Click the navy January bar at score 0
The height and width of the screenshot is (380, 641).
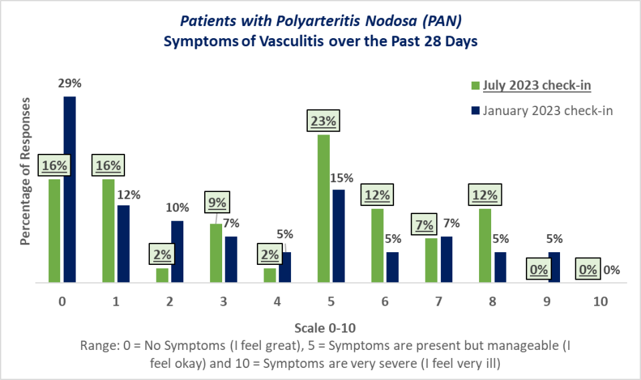point(70,190)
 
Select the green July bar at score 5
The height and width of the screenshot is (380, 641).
point(323,209)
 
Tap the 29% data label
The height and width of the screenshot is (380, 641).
point(70,84)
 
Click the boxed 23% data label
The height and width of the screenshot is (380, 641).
point(324,122)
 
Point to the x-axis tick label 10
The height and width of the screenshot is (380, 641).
point(600,301)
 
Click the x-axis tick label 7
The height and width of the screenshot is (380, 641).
point(438,301)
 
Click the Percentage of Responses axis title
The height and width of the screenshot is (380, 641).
point(25,171)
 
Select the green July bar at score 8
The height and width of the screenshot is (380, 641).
point(485,246)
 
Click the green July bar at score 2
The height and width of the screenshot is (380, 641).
point(162,276)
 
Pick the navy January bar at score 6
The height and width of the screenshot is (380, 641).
point(392,268)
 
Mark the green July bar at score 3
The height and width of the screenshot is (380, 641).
point(215,253)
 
